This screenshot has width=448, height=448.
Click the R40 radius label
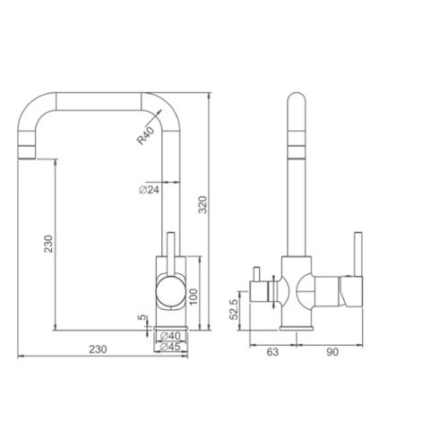click(x=145, y=136)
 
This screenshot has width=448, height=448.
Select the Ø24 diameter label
click(x=150, y=189)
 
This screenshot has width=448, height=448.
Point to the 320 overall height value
click(x=202, y=204)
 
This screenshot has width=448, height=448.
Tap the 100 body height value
click(x=194, y=297)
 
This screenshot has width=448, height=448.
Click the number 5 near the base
click(x=142, y=317)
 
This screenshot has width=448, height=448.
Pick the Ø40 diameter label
click(x=170, y=336)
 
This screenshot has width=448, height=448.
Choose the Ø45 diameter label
click(x=170, y=347)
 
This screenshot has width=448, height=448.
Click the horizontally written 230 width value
click(x=98, y=349)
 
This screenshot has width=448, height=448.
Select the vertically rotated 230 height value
click(x=48, y=244)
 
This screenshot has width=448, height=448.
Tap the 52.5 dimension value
click(x=234, y=309)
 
